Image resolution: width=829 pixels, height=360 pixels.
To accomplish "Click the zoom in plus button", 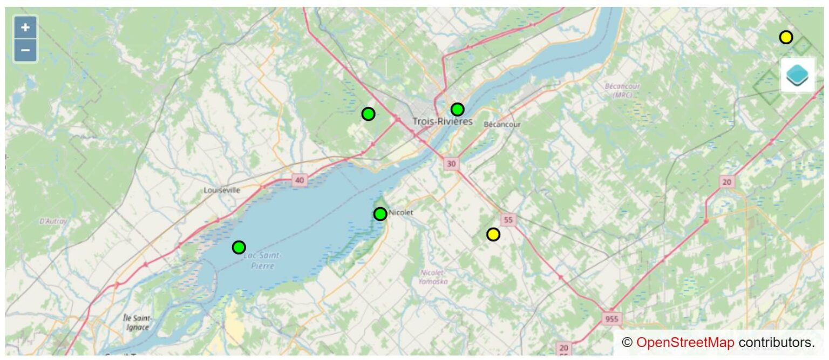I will [x=25, y=28].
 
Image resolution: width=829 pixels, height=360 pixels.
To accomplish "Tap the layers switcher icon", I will [x=797, y=75].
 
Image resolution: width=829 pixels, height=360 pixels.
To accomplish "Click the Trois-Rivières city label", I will [x=442, y=121].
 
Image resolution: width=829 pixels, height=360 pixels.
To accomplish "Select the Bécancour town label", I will [x=502, y=124].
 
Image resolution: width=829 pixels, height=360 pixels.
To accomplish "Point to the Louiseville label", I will [x=222, y=190].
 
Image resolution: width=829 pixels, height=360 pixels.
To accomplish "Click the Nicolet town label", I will [x=401, y=213].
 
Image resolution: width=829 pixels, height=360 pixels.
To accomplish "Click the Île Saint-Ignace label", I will [x=138, y=323].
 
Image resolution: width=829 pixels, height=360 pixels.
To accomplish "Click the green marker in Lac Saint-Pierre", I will [x=239, y=247].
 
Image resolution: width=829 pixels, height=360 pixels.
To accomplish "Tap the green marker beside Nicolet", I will [x=380, y=214].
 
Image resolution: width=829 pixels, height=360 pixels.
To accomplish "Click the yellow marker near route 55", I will [x=493, y=234].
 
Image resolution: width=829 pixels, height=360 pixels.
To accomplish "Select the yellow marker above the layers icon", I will [x=786, y=37].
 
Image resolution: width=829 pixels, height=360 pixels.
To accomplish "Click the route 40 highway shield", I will [x=300, y=181].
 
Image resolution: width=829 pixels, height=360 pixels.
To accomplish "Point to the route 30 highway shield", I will [x=451, y=164].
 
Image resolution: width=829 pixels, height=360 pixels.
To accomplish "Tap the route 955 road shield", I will [x=611, y=318].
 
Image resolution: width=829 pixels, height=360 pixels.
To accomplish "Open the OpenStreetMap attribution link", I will [x=685, y=342].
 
